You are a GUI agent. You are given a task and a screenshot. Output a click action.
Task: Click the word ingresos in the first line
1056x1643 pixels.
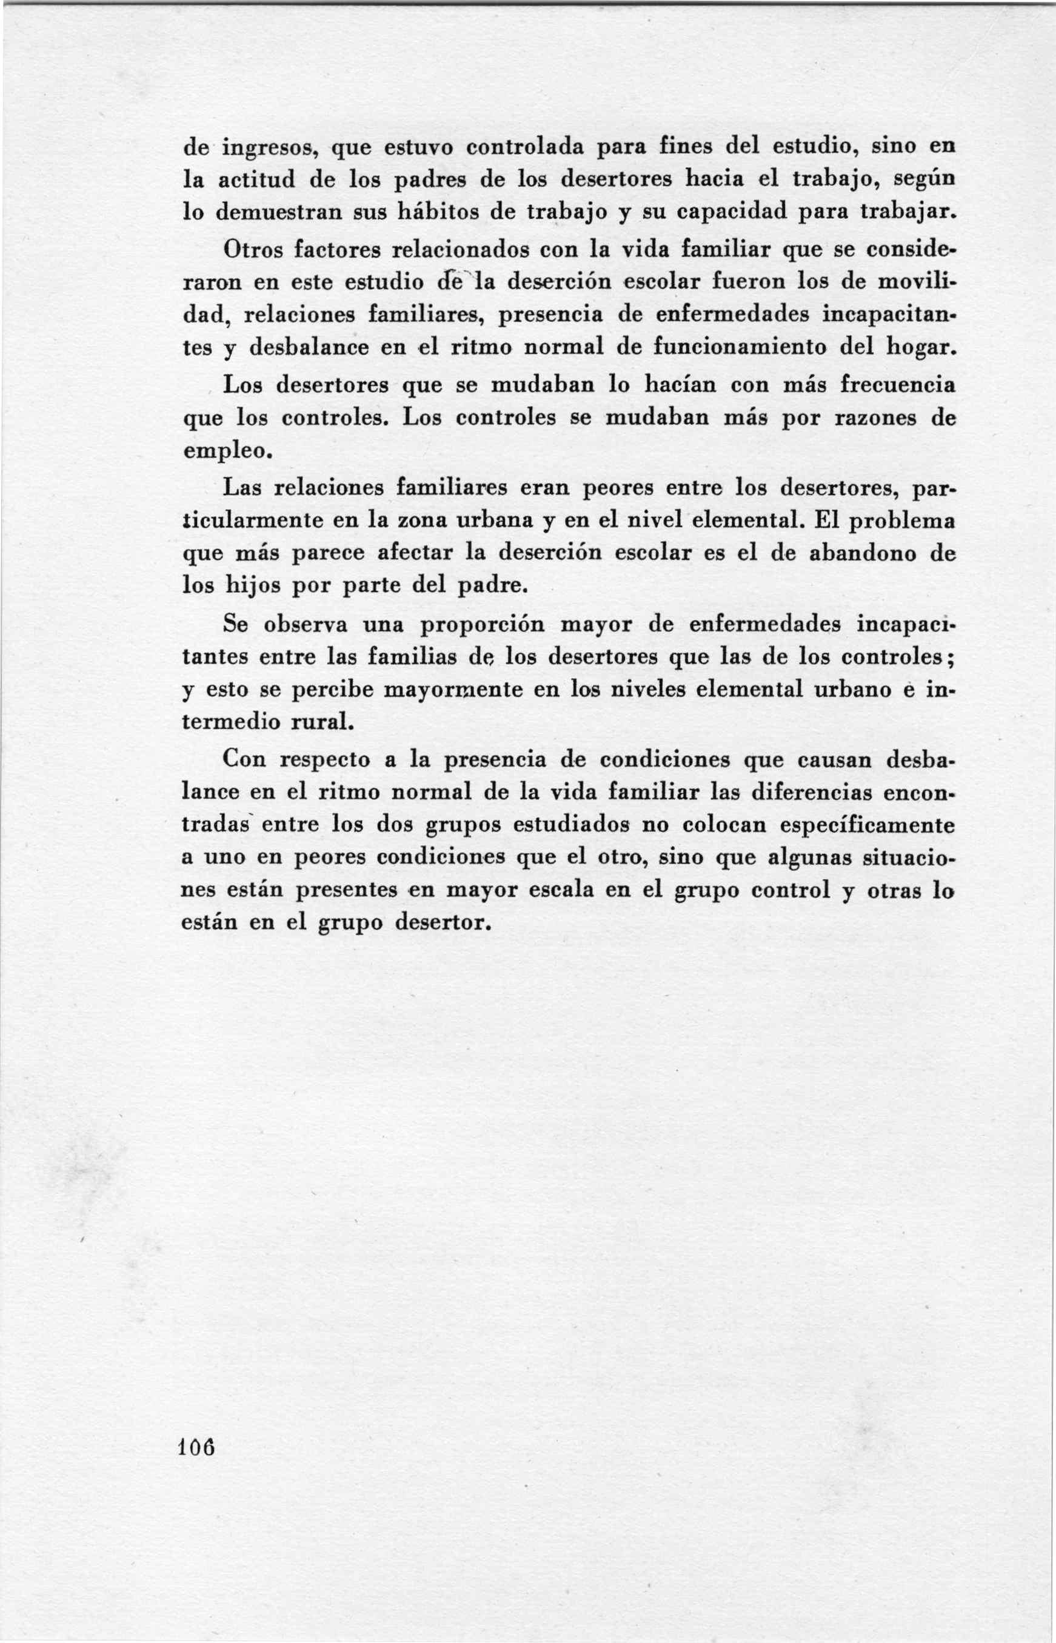point(269,148)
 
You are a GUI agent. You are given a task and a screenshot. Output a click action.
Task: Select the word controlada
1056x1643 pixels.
point(525,147)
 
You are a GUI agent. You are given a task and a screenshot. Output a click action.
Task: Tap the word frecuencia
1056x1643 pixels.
point(898,385)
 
